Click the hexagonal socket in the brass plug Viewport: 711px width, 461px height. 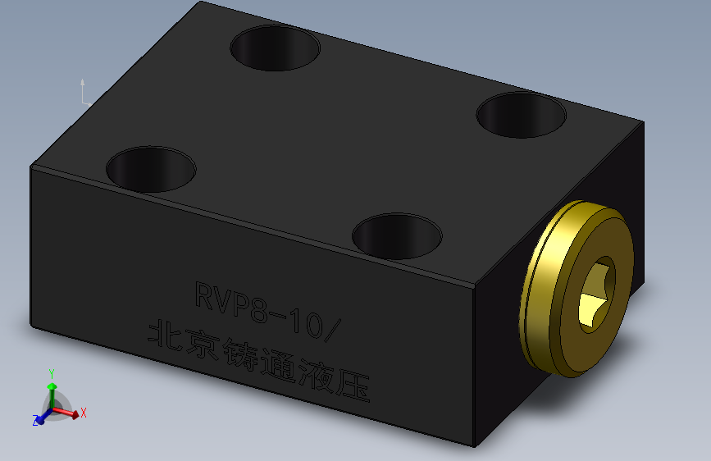coord(597,295)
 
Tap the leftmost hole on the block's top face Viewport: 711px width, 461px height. coord(152,168)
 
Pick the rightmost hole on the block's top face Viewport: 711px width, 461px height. coord(522,114)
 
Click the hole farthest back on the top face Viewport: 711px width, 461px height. coord(274,47)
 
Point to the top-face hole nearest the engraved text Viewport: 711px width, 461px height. coord(397,235)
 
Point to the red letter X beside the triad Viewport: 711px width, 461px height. coord(84,413)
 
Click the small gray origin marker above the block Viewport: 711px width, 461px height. coord(84,94)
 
